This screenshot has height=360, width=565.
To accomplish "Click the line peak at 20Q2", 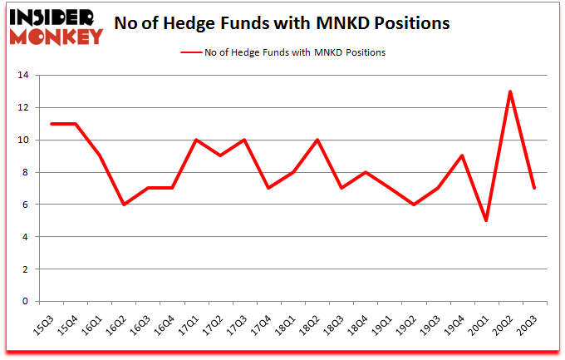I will coord(510,91).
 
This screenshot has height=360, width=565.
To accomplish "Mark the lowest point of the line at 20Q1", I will coord(486,220).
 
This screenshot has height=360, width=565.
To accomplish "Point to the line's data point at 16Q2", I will coord(124,205).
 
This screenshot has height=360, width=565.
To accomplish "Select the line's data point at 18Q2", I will coord(317,140).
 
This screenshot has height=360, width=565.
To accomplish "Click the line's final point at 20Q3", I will coord(534,188).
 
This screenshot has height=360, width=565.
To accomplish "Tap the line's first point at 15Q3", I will coord(52,124).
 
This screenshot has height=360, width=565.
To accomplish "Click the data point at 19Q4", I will coord(462,155).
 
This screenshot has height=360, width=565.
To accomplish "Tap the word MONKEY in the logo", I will coord(54,36).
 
